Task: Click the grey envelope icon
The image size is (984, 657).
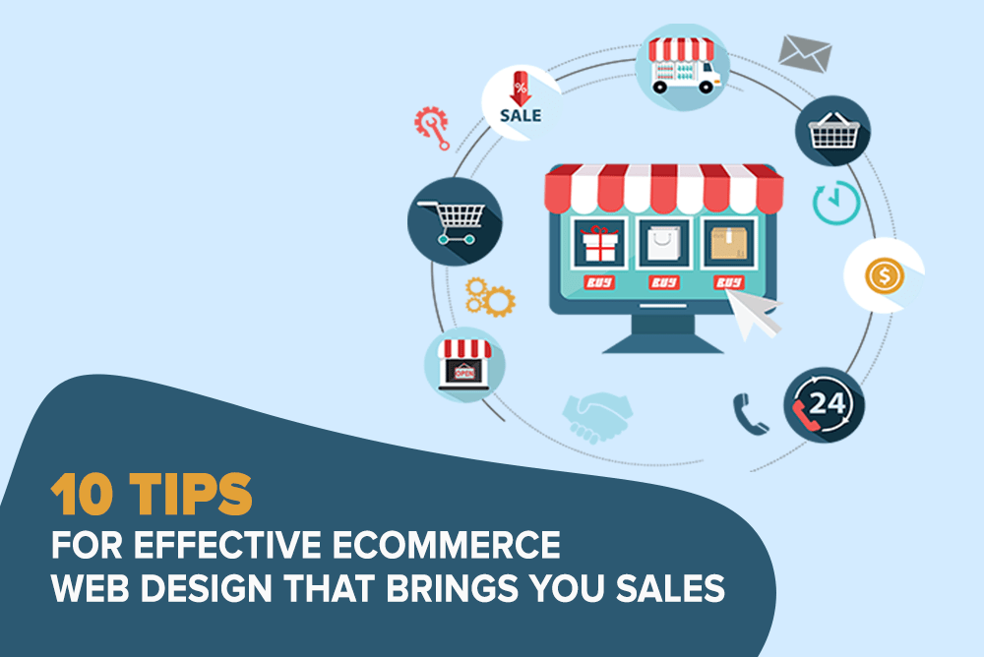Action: [805, 53]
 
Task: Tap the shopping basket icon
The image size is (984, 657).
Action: [833, 130]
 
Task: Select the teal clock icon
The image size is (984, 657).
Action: [836, 203]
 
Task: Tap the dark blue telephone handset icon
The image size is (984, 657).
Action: [749, 414]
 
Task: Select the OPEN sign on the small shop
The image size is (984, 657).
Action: [464, 373]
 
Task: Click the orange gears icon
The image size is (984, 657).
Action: [490, 297]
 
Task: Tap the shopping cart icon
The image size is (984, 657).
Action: [453, 222]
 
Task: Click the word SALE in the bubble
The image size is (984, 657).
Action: [521, 115]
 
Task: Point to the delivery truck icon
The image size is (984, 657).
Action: [683, 66]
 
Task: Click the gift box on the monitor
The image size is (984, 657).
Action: [600, 244]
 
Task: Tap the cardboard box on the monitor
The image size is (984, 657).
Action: [728, 244]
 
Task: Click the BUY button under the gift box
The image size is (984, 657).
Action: [599, 282]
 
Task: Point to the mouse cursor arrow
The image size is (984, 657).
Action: [754, 315]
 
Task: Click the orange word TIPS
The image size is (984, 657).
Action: [191, 494]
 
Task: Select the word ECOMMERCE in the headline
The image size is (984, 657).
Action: [446, 545]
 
